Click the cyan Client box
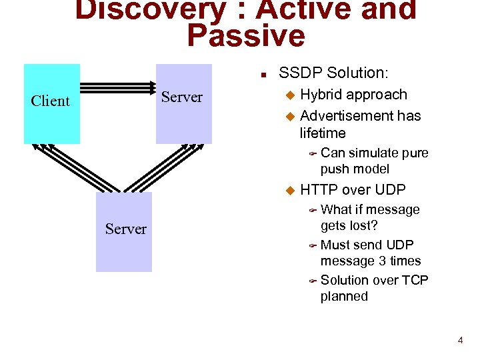pos(51,103)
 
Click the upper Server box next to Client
pos(183,103)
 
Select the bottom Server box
pos(124,231)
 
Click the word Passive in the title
pos(245,36)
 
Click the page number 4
pos(460,341)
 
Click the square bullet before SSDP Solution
pos(264,73)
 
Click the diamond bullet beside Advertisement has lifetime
pos(289,117)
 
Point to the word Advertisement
pos(343,116)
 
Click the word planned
pos(344,296)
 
